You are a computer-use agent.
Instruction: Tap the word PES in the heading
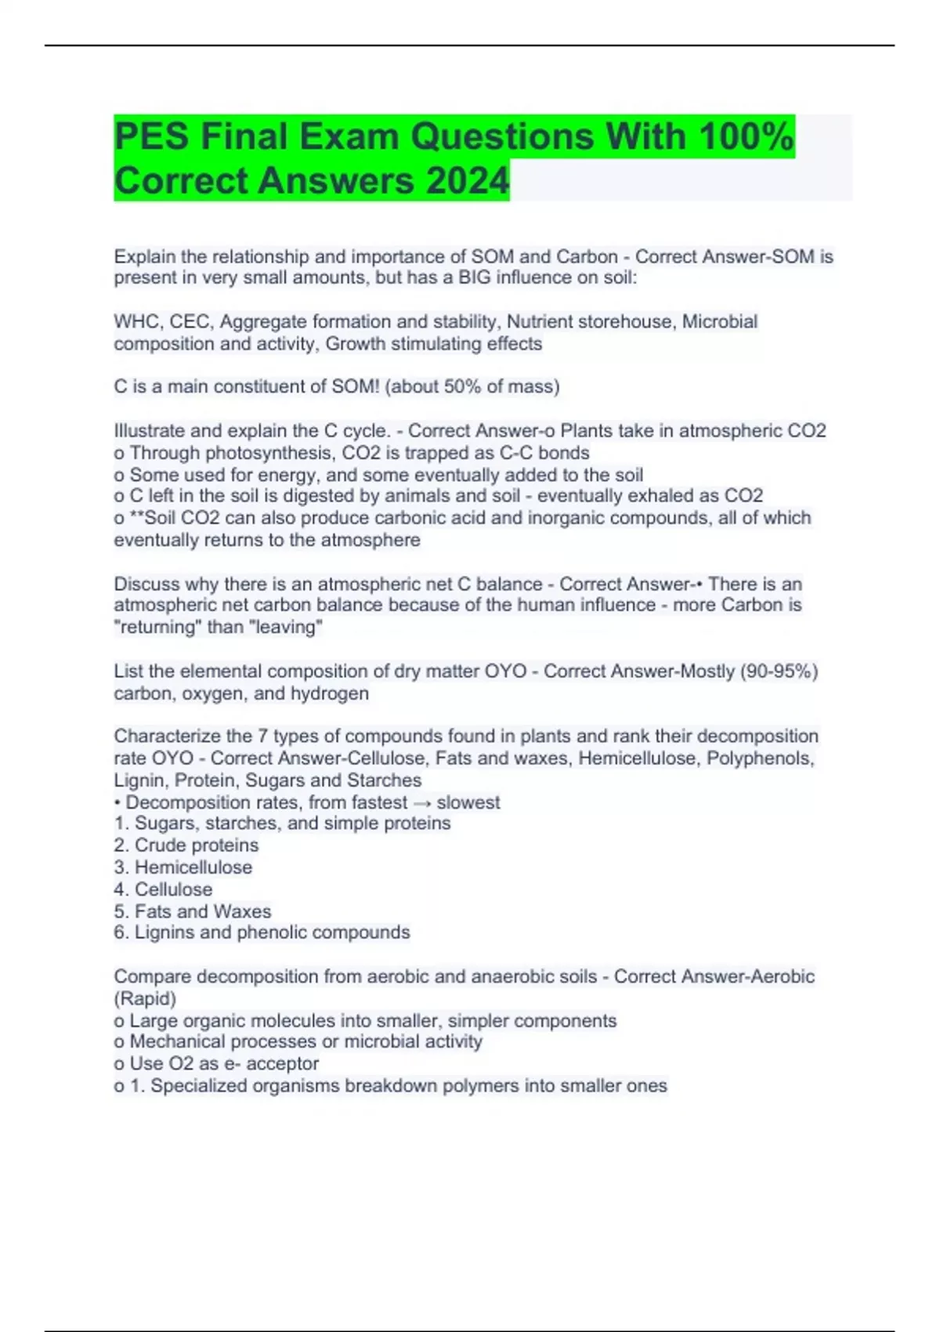point(151,137)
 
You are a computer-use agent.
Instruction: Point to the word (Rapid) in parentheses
point(145,998)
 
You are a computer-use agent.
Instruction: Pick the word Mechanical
point(170,1041)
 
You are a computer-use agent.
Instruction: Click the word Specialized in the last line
point(197,1085)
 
